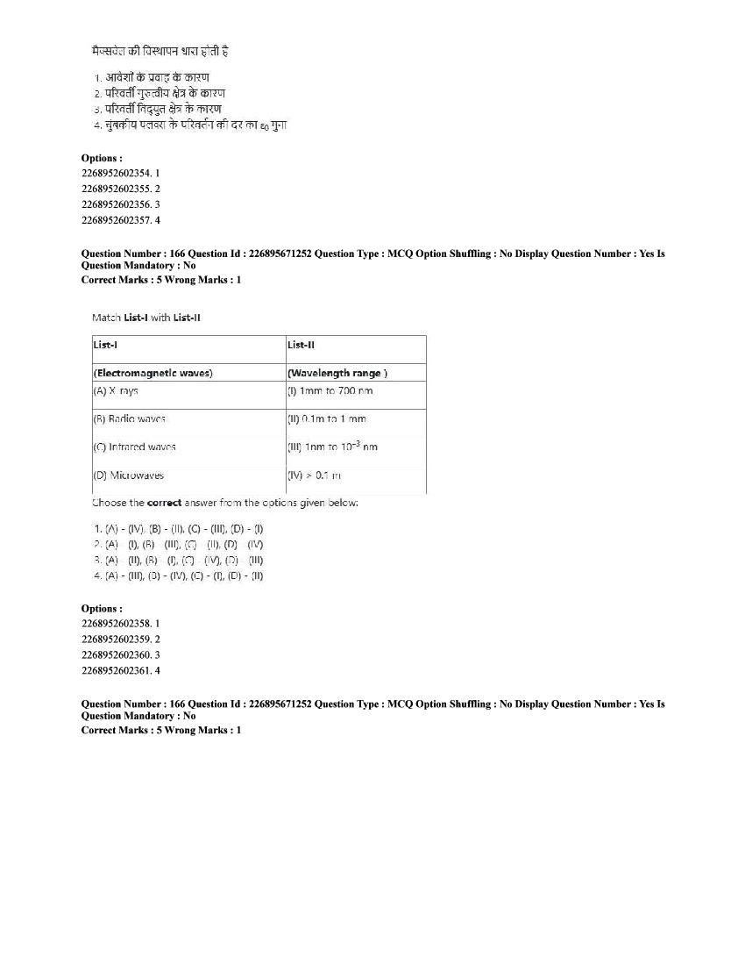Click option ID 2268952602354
pyautogui.click(x=120, y=173)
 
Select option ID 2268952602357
pyautogui.click(x=120, y=220)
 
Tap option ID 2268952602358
pyautogui.click(x=120, y=623)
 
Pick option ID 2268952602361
pyautogui.click(x=120, y=670)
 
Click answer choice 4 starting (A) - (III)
pyautogui.click(x=178, y=575)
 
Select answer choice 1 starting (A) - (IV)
pyautogui.click(x=178, y=528)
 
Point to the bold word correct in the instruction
pyautogui.click(x=164, y=504)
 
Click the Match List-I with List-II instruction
pyautogui.click(x=146, y=318)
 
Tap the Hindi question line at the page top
pyautogui.click(x=160, y=52)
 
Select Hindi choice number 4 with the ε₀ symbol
pyautogui.click(x=190, y=125)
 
